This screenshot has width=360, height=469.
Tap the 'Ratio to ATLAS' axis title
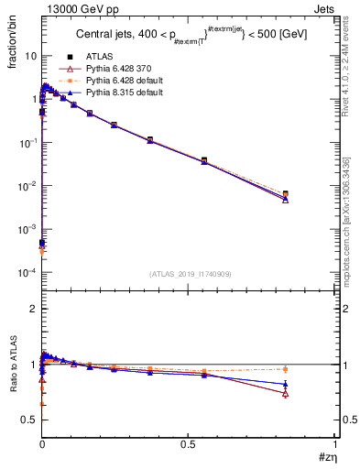click(x=14, y=366)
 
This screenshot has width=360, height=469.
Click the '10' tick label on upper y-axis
click(x=31, y=56)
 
